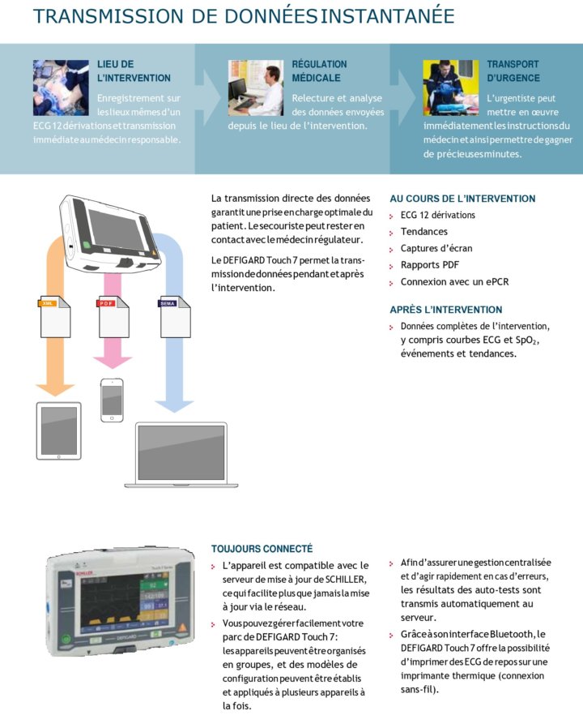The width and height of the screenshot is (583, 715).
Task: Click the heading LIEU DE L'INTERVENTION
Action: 134,71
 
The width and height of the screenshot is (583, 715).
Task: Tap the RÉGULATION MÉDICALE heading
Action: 319,71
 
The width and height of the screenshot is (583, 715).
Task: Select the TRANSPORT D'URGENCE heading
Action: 513,71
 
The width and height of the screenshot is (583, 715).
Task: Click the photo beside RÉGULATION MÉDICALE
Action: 255,88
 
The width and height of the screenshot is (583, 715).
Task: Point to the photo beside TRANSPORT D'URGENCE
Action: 450,88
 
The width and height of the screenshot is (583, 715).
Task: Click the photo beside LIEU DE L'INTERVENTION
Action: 61,88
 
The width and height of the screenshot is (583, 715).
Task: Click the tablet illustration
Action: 59,430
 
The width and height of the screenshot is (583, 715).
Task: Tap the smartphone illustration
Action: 113,399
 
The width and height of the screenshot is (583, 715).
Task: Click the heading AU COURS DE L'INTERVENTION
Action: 462,199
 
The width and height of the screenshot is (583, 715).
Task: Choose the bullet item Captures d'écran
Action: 436,248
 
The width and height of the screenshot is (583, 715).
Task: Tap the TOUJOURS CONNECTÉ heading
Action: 262,549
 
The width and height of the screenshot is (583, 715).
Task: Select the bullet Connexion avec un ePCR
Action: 454,282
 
